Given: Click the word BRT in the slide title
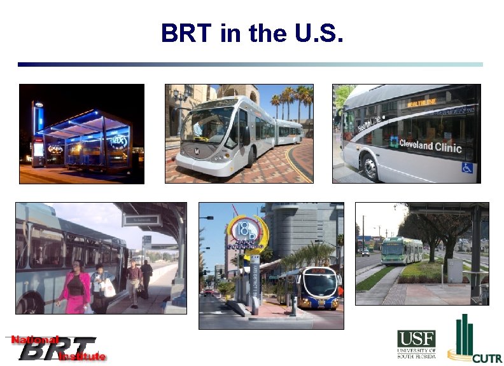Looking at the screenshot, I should pyautogui.click(x=187, y=33).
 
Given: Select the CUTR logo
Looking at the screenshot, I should pyautogui.click(x=474, y=339).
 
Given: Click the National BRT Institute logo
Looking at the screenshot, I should pyautogui.click(x=56, y=348).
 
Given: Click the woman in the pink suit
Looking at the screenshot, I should pyautogui.click(x=75, y=286).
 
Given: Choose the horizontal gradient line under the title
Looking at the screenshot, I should pyautogui.click(x=250, y=64).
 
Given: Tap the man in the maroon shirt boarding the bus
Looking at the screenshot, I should pyautogui.click(x=133, y=280).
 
